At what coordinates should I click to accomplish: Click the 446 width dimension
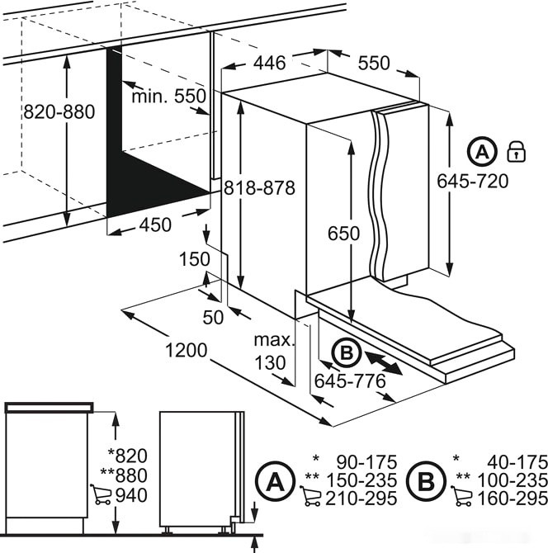click(268, 63)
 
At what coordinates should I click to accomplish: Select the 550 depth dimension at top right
click(374, 64)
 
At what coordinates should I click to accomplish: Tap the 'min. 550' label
click(168, 97)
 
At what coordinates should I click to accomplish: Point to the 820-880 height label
click(35, 111)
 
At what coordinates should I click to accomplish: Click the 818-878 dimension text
click(258, 188)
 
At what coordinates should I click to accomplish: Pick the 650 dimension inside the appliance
click(342, 234)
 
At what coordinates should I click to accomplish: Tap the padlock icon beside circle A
click(516, 151)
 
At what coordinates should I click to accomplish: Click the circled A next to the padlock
click(481, 151)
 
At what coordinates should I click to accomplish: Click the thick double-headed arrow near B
click(384, 363)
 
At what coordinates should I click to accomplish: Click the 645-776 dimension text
click(351, 381)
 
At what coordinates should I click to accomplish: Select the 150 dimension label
click(195, 259)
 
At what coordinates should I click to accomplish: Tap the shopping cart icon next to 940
click(101, 494)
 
